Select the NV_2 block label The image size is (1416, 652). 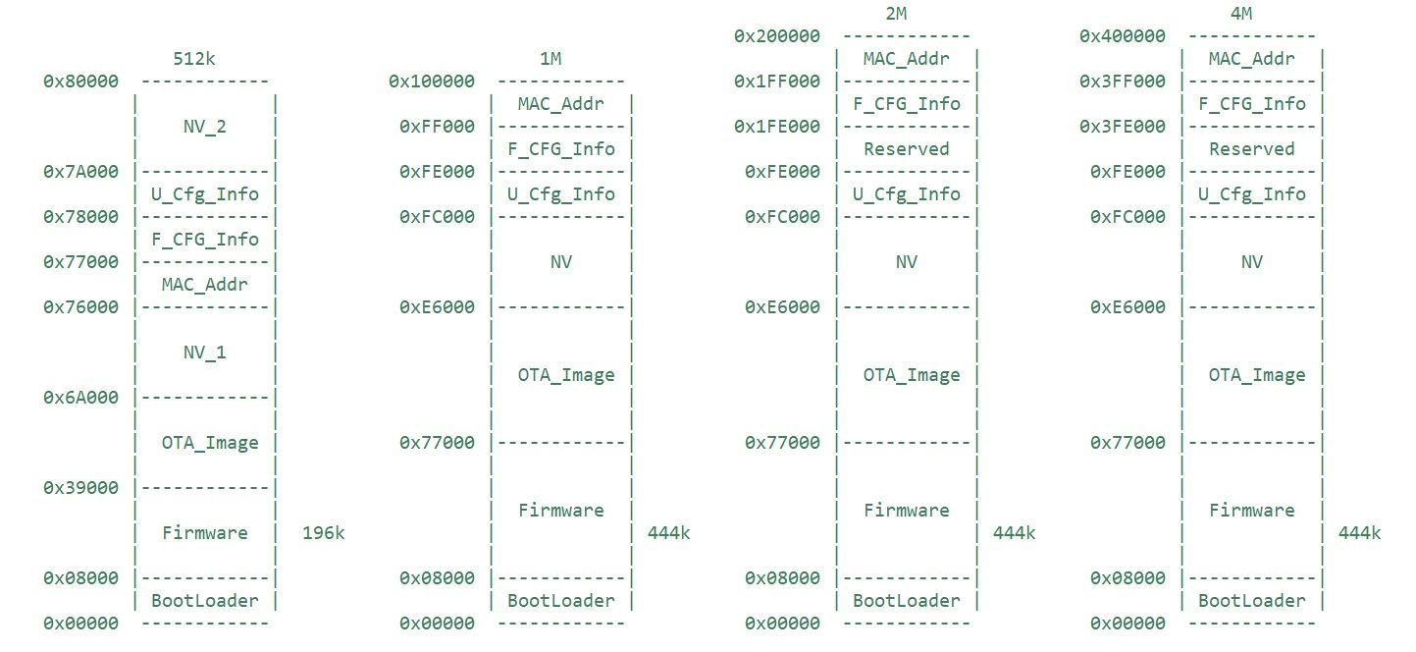[x=204, y=127]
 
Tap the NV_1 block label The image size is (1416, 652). [x=204, y=353]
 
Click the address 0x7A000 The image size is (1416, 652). [x=80, y=172]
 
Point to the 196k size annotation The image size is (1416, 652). [x=323, y=533]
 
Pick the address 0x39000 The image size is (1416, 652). [x=80, y=488]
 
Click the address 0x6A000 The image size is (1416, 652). [x=80, y=398]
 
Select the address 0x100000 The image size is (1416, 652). [x=432, y=81]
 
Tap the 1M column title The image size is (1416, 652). [x=551, y=58]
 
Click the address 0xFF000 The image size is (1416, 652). [x=437, y=127]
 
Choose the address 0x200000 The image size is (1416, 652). [x=777, y=36]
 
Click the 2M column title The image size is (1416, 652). [x=896, y=13]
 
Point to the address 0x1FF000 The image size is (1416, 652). [x=777, y=81]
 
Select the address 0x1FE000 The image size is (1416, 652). [x=777, y=127]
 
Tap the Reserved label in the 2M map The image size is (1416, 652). [x=907, y=149]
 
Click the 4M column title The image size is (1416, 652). [x=1241, y=13]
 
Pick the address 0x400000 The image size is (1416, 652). [x=1123, y=36]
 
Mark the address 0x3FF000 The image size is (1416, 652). [x=1123, y=81]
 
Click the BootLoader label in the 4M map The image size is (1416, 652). [x=1252, y=601]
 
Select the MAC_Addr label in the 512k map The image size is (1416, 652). [x=204, y=285]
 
